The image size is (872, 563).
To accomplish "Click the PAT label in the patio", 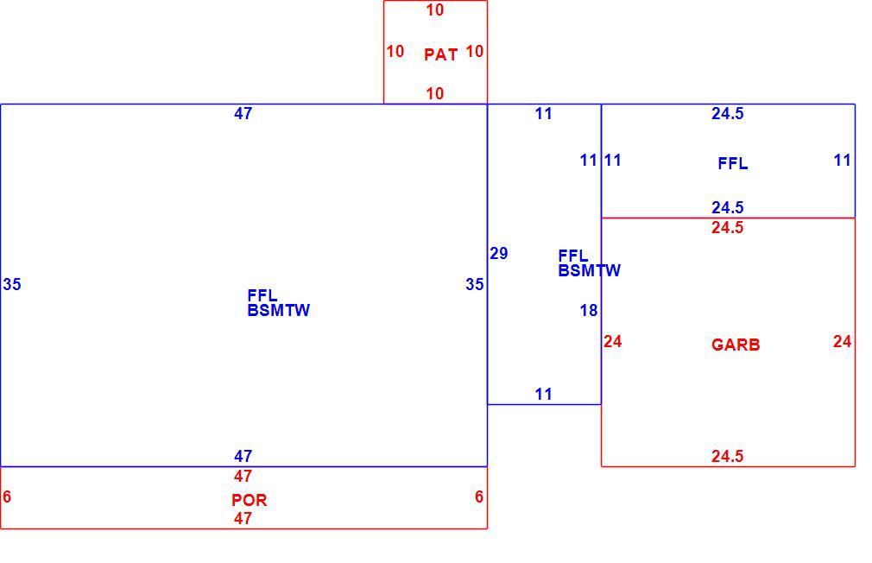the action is (x=440, y=54).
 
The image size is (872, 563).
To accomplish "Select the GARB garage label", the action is (x=736, y=345).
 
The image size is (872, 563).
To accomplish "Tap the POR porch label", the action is (x=250, y=500).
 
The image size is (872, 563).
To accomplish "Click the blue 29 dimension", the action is (x=499, y=254).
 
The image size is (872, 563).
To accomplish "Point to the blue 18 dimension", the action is (x=588, y=311).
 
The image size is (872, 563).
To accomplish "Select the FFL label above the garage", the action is (x=732, y=163).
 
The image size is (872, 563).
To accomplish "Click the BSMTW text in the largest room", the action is (x=278, y=311).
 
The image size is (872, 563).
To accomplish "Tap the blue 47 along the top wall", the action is (x=243, y=113).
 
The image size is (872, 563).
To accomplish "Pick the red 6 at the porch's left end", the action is (x=7, y=497).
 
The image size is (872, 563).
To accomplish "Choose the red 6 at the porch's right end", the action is (x=479, y=497).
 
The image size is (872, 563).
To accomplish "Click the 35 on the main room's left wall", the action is (x=12, y=285).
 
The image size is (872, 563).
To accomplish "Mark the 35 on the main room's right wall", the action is (x=474, y=285).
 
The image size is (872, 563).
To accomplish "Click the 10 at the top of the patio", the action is (x=435, y=10).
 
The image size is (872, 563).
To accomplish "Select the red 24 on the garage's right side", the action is (x=842, y=342).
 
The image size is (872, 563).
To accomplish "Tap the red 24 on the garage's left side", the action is (x=612, y=342).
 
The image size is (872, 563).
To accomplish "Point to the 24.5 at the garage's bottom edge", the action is (x=728, y=456).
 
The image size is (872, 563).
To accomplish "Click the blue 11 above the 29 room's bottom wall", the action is (x=543, y=395).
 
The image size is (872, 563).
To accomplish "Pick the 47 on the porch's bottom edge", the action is (x=243, y=518).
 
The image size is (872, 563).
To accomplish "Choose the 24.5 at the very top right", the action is (x=728, y=113).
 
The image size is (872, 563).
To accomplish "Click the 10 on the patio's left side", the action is (x=395, y=52).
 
